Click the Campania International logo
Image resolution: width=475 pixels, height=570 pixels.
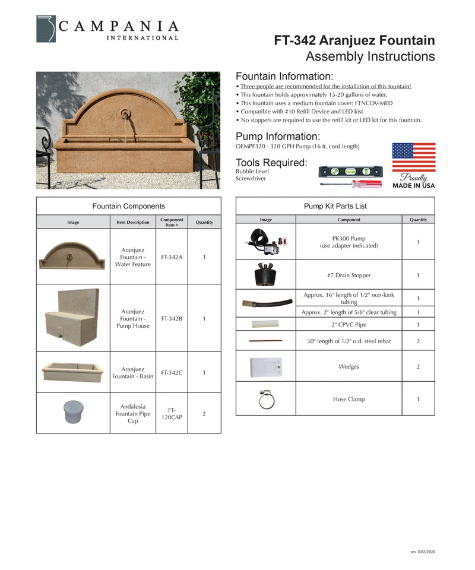pyautogui.click(x=107, y=28)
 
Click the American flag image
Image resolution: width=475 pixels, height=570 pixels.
pyautogui.click(x=413, y=157)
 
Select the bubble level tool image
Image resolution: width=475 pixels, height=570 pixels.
pyautogui.click(x=350, y=172)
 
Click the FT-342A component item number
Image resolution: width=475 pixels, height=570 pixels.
pyautogui.click(x=172, y=257)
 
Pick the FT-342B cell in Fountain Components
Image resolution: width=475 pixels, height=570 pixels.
pyautogui.click(x=172, y=318)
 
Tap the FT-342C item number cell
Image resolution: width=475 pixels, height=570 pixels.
pyautogui.click(x=172, y=372)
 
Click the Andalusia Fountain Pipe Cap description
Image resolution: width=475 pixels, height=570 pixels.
pyautogui.click(x=132, y=414)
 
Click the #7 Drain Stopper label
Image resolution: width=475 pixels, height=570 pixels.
pyautogui.click(x=349, y=275)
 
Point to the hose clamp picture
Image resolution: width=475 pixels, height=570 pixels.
pyautogui.click(x=265, y=400)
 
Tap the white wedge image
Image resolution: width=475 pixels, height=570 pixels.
pyautogui.click(x=265, y=368)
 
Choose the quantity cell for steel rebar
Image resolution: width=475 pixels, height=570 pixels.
pyautogui.click(x=417, y=341)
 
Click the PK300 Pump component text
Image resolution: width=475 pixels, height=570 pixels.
pyautogui.click(x=349, y=242)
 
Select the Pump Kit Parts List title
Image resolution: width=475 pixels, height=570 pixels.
pyautogui.click(x=335, y=206)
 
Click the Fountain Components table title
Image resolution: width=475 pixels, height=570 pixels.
pyautogui.click(x=128, y=206)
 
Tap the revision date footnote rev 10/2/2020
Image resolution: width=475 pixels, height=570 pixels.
pyautogui.click(x=422, y=552)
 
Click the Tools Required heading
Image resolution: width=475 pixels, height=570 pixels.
pyautogui.click(x=271, y=163)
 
